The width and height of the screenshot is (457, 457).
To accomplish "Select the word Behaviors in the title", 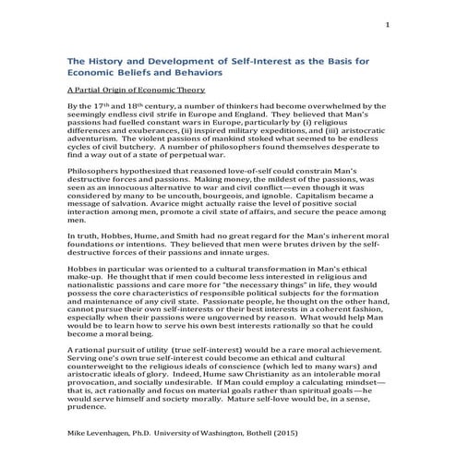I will [x=193, y=71].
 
